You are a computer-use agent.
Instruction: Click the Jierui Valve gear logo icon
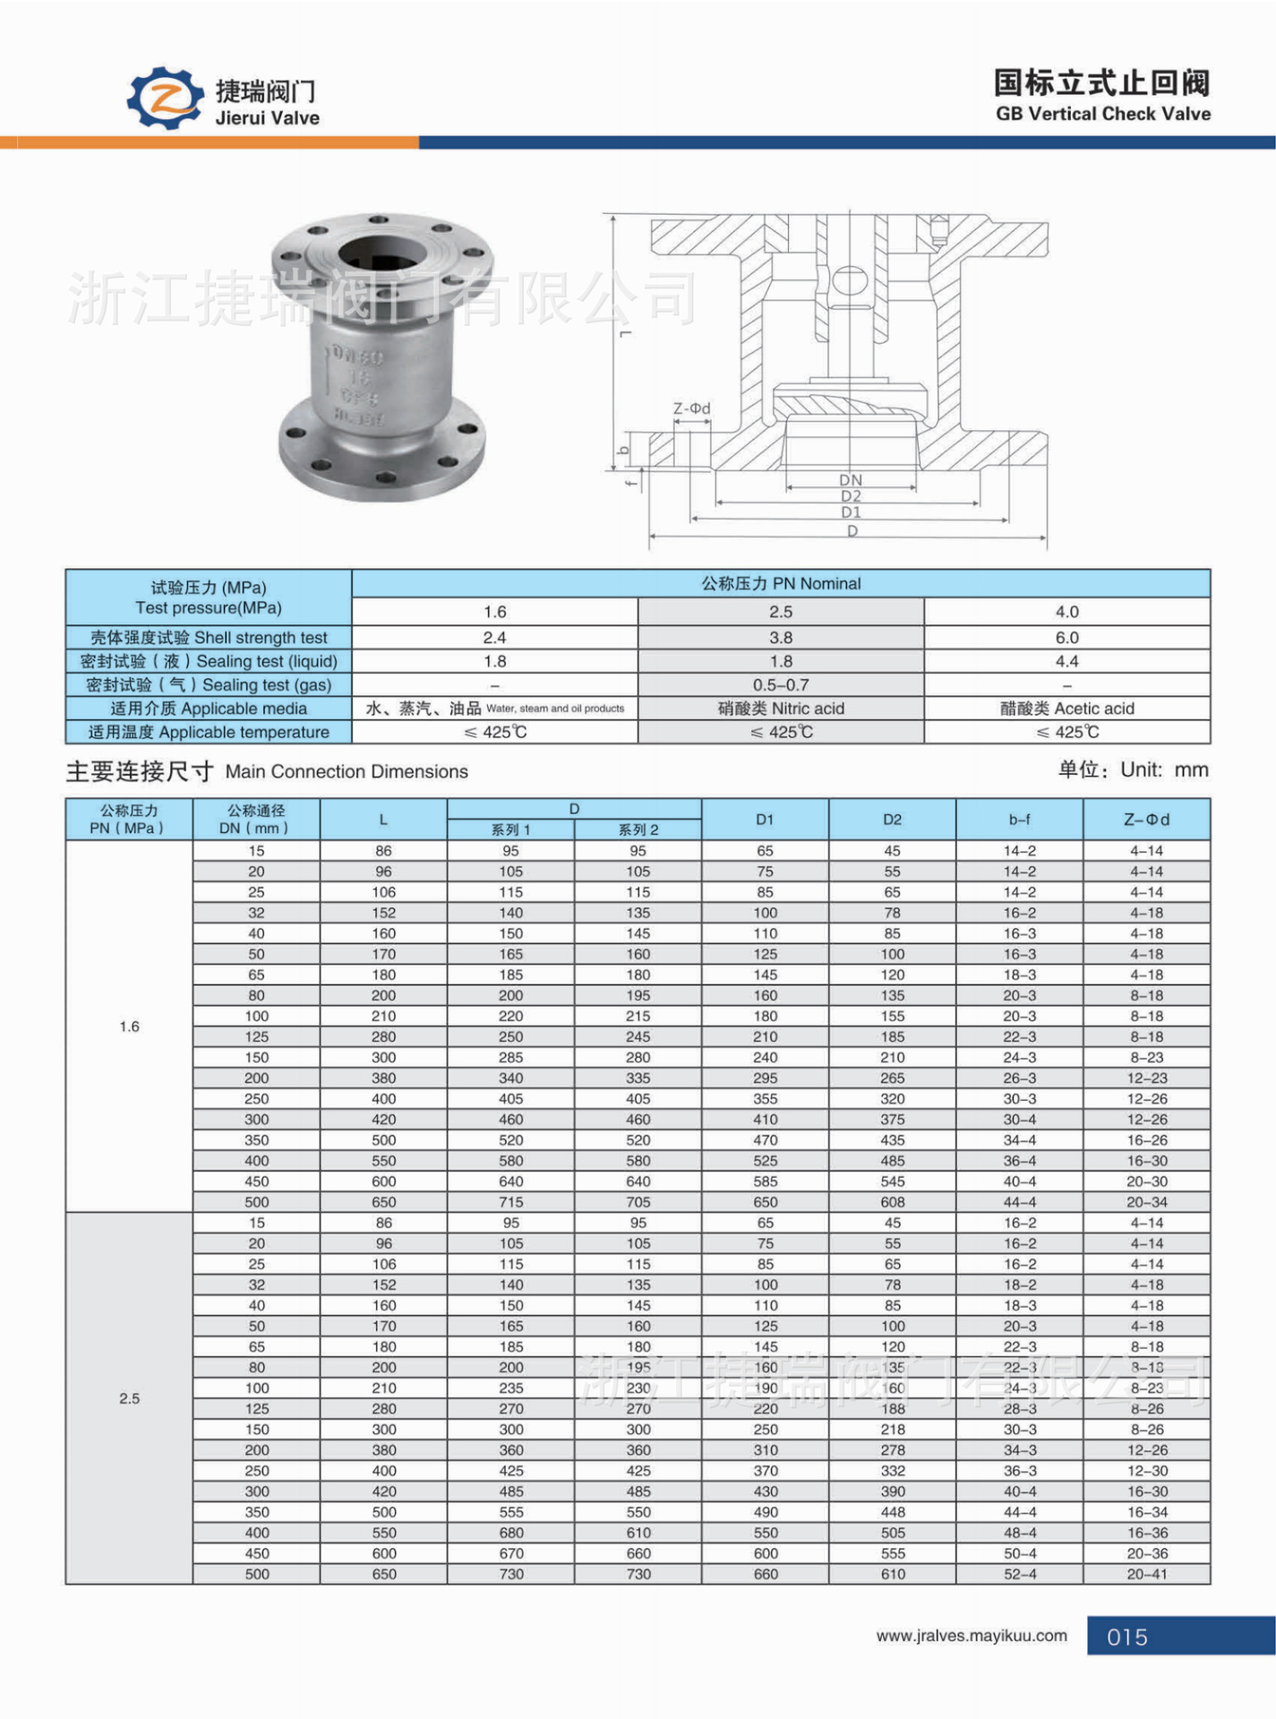point(167,98)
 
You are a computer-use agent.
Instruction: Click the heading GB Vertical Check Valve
point(1102,114)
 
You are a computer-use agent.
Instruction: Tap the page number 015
point(1126,1637)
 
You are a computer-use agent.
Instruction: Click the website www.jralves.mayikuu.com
point(972,1635)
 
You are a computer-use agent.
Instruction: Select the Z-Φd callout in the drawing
point(691,408)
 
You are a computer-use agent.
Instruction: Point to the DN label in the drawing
point(850,480)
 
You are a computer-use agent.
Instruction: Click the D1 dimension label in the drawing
point(850,512)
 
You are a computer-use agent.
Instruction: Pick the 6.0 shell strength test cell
point(1066,637)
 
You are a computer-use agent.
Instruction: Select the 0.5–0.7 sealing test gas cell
point(780,684)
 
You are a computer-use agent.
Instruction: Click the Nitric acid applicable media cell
point(780,709)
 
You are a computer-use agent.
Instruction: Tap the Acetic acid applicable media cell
point(1066,709)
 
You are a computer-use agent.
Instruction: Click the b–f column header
point(1019,819)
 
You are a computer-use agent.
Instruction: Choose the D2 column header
point(892,819)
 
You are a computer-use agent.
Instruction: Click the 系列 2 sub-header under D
point(638,829)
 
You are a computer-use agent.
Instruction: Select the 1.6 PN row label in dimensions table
point(129,1027)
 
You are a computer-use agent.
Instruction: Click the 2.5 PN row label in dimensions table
point(129,1398)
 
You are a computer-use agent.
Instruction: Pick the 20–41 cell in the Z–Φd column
point(1146,1574)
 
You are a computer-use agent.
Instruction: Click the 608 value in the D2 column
point(892,1202)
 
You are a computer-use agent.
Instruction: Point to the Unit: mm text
point(1133,769)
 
